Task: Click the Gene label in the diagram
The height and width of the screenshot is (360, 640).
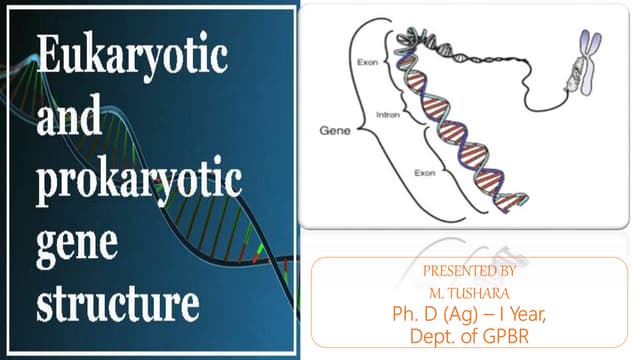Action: tap(335, 130)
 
